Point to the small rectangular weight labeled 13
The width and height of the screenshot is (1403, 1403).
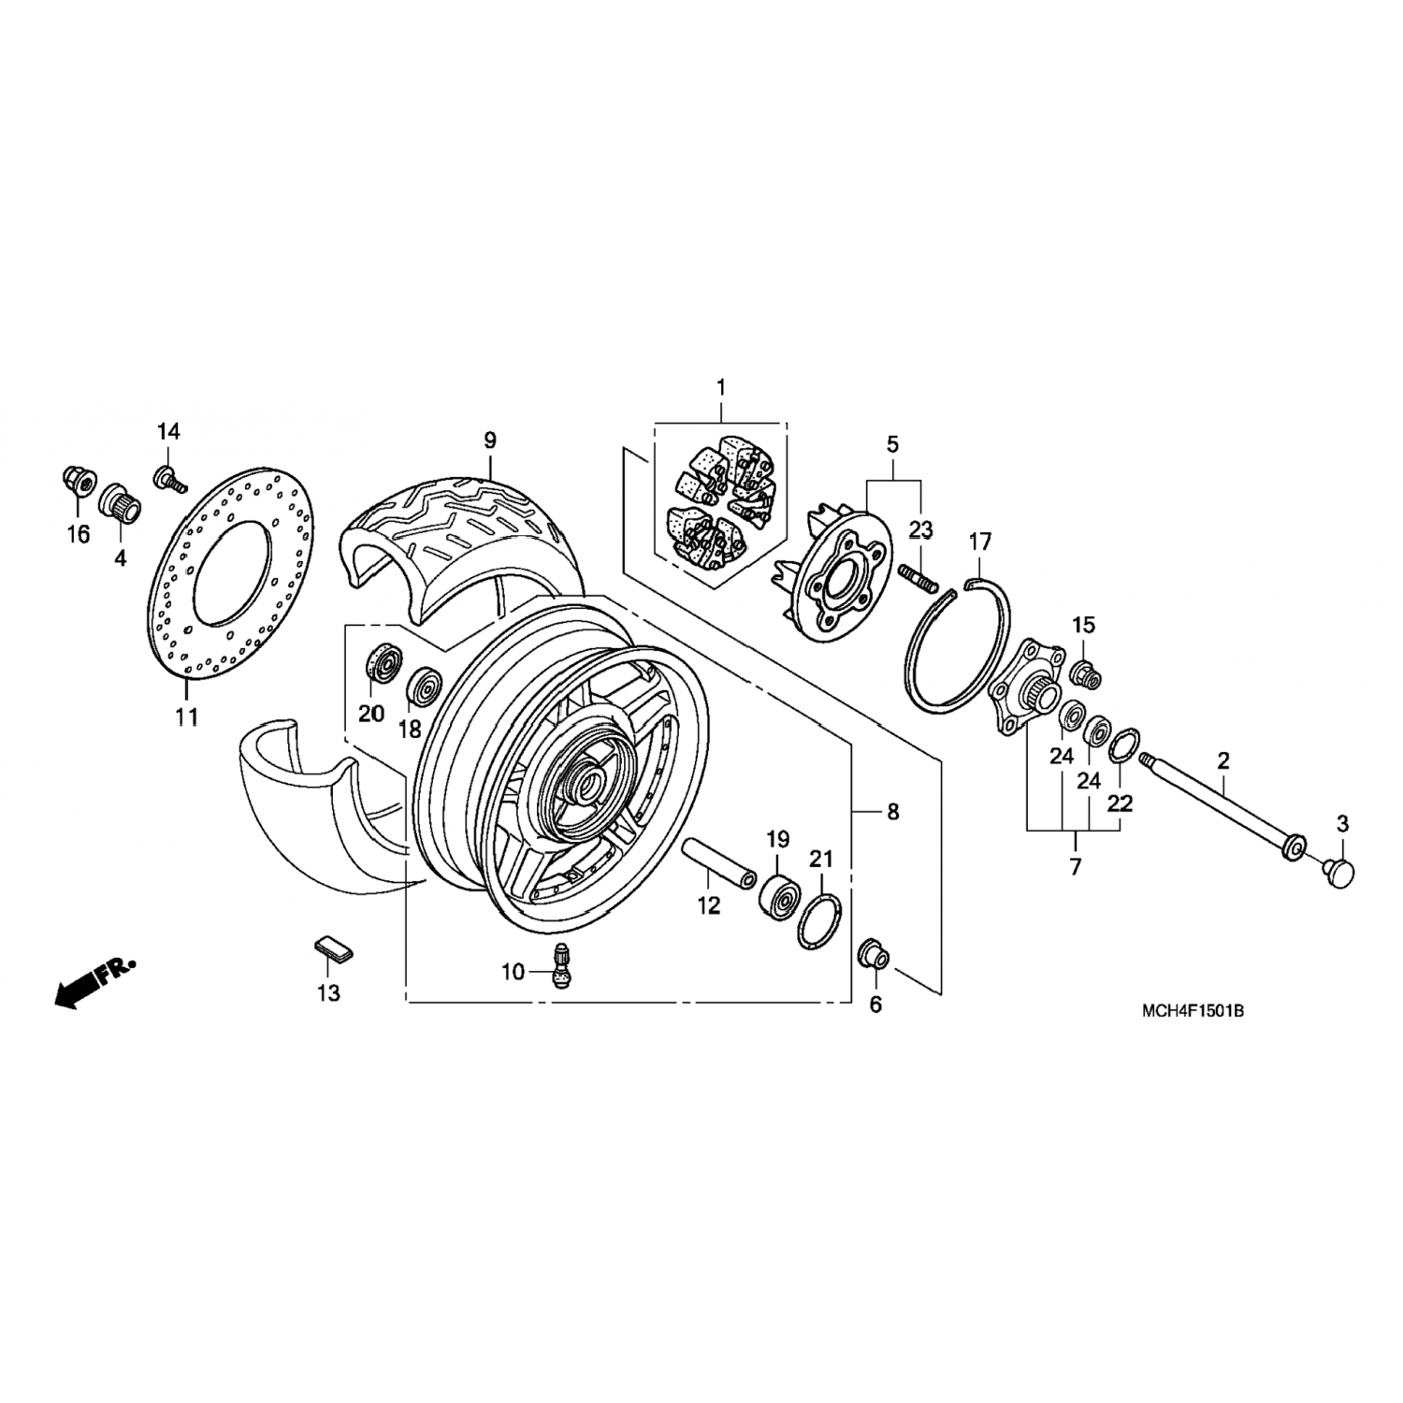(334, 944)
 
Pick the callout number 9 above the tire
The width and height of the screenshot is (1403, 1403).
(489, 440)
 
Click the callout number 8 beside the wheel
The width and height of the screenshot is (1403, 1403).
(893, 812)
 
